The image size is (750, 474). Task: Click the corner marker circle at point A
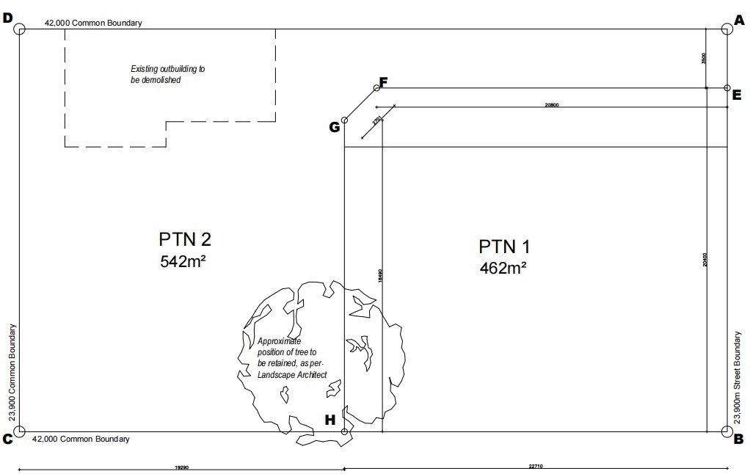(x=727, y=29)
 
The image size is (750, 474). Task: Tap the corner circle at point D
(x=20, y=29)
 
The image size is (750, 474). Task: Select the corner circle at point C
(x=20, y=431)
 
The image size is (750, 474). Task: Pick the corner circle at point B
(x=727, y=431)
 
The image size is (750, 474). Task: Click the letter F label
(x=383, y=81)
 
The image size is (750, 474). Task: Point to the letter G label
(x=334, y=127)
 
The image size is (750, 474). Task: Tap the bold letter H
(x=330, y=420)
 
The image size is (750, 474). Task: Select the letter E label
(x=737, y=93)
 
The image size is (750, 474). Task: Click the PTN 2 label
(x=185, y=239)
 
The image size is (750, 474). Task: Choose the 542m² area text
(x=183, y=260)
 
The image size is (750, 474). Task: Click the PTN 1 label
(x=505, y=245)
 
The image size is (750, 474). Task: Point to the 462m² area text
(x=503, y=267)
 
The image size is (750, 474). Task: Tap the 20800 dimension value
(x=552, y=105)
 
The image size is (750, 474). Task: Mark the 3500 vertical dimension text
(x=703, y=59)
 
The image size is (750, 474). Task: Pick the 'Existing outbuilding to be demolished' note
(x=163, y=74)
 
